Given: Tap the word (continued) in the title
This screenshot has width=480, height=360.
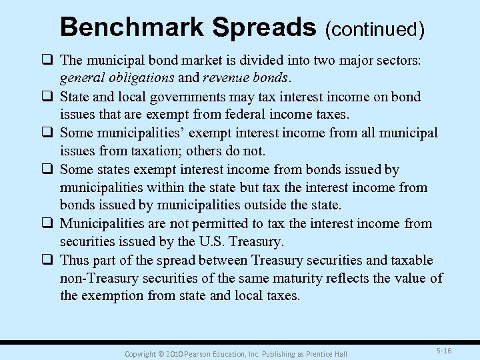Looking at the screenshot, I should point(375,29).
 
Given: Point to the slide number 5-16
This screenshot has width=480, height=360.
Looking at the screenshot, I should point(443,351).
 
